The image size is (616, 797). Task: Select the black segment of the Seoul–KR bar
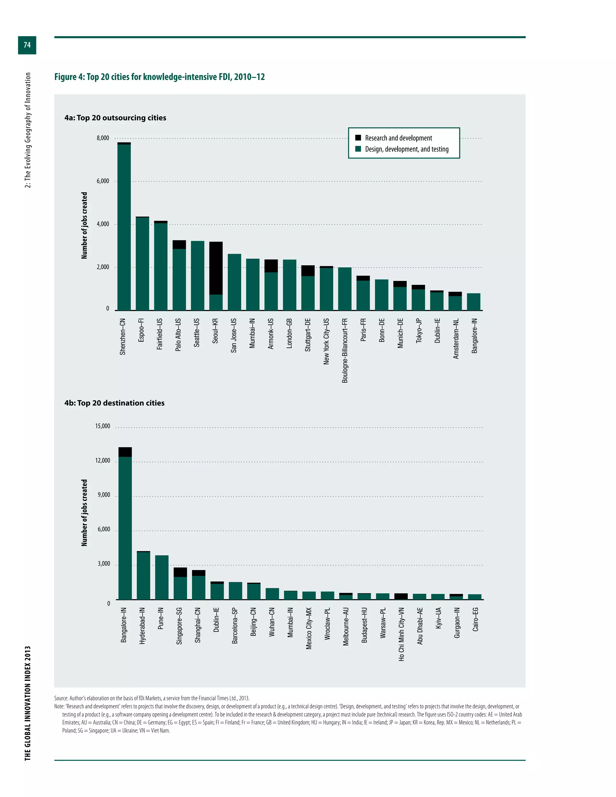(x=216, y=268)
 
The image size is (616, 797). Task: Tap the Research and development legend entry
(x=398, y=138)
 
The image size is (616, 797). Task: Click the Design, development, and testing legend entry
(x=407, y=149)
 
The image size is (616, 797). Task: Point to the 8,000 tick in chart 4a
(x=103, y=138)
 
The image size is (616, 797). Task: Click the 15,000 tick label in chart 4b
(x=103, y=426)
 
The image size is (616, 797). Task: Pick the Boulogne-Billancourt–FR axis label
(x=345, y=350)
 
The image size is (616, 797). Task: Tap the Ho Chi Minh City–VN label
(x=402, y=634)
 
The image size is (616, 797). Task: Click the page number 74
(x=27, y=45)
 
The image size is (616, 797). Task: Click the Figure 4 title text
(x=159, y=77)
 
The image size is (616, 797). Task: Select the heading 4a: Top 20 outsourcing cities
(x=115, y=118)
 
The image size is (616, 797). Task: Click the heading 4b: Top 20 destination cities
(x=115, y=403)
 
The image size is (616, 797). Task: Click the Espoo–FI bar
(x=142, y=263)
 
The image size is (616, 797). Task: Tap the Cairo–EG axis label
(x=475, y=619)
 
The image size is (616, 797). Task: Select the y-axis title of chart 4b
(x=84, y=513)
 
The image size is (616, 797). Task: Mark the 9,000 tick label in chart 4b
(x=104, y=495)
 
